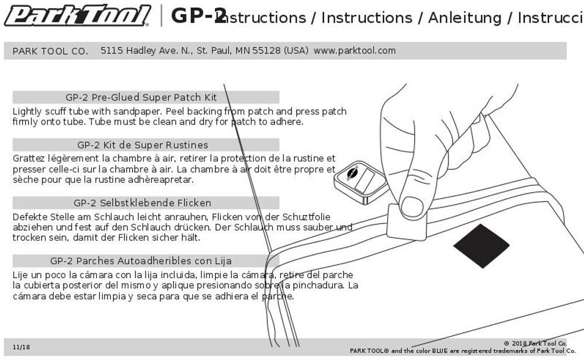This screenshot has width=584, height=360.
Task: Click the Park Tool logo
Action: click(x=77, y=16)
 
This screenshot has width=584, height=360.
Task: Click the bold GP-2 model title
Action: click(x=197, y=16)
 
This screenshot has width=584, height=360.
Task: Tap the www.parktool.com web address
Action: click(x=354, y=51)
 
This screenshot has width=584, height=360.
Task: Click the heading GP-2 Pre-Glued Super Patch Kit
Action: click(x=141, y=98)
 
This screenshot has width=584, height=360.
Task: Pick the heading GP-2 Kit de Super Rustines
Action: click(x=142, y=145)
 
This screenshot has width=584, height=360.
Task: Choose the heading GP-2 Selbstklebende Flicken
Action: click(x=142, y=203)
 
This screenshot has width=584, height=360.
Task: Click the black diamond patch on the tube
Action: click(x=481, y=245)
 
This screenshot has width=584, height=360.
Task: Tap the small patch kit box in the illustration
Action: click(x=361, y=182)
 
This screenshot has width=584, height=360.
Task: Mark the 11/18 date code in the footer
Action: click(x=21, y=347)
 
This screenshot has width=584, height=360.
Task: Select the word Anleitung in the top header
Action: click(x=464, y=18)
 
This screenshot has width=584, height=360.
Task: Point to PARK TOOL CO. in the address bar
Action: click(x=50, y=51)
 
